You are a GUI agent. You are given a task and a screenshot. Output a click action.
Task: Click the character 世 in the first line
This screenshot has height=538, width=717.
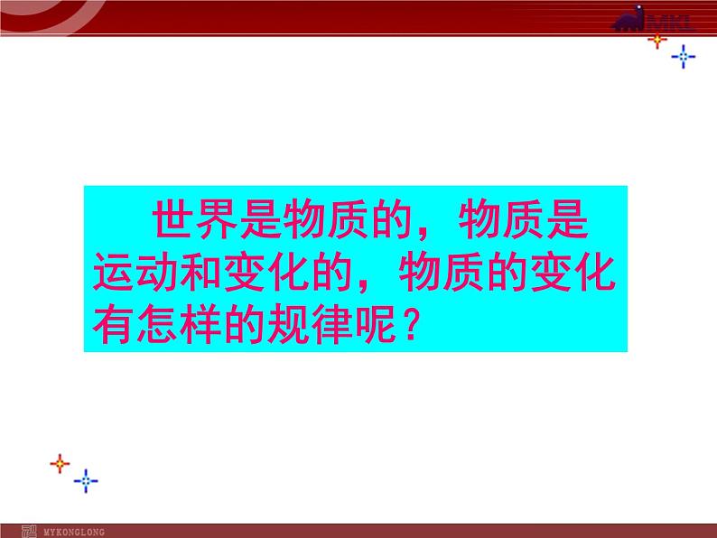[x=172, y=219]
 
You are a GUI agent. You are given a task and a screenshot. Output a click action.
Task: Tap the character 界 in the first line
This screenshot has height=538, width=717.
[x=217, y=219]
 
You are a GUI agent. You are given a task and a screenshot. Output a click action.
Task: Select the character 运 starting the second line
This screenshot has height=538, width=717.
[x=113, y=272]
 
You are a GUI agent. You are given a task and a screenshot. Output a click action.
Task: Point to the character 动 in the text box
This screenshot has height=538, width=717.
[x=156, y=272]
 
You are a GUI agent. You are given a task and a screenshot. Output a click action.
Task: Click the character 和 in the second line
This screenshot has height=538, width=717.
[x=200, y=272]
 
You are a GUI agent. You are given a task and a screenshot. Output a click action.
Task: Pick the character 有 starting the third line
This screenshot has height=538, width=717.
[x=113, y=324]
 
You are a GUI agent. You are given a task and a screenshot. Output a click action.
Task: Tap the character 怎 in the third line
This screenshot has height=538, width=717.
[x=156, y=324]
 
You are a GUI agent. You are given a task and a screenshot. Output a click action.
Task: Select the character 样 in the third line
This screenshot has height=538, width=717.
[x=200, y=324]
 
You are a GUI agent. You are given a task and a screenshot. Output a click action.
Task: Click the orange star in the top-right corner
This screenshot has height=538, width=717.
[x=657, y=41]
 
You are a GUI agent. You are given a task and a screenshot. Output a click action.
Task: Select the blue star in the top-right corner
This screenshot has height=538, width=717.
[x=684, y=57]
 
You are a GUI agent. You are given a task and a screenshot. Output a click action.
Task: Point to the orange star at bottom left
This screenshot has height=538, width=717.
[x=60, y=464]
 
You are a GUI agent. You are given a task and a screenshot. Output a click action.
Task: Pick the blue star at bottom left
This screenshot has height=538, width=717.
[x=86, y=481]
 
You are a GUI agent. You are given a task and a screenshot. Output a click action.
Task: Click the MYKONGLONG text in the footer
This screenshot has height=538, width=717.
[x=74, y=532]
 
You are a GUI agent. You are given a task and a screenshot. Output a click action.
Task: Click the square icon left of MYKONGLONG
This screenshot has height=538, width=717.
[x=29, y=532]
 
